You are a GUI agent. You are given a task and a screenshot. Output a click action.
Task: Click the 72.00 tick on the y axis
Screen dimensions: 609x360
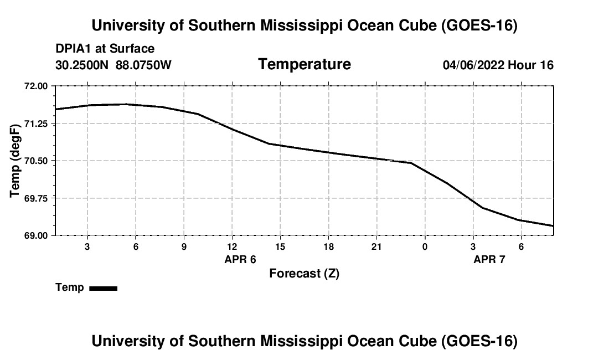36,86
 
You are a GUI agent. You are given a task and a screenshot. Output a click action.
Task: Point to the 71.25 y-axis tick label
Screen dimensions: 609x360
36,124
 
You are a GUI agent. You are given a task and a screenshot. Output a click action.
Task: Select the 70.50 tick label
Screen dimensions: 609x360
36,161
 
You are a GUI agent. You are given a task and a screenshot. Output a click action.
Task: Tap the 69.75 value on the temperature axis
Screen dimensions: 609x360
36,198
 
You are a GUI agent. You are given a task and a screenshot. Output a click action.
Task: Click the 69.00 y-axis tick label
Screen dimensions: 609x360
36,236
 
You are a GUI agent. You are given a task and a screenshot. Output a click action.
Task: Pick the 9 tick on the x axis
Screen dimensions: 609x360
184,247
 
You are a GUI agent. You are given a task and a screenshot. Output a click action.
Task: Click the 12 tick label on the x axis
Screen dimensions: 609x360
233,247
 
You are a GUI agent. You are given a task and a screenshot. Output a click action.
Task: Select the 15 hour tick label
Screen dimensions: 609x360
281,247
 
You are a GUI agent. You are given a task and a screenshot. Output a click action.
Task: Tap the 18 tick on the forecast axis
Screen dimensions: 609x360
328,247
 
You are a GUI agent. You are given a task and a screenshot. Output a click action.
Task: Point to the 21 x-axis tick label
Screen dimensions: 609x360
376,247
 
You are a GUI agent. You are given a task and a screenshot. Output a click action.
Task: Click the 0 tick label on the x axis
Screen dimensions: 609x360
425,247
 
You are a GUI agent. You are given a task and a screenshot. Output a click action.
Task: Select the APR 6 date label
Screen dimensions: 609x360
240,259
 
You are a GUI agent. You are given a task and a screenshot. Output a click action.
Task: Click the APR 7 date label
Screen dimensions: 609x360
489,259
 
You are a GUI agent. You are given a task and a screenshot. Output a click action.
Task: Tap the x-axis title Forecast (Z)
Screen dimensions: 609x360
304,274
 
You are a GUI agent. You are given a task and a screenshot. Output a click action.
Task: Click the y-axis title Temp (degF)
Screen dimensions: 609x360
15,161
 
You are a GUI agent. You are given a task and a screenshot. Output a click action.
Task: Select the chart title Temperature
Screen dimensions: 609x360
304,64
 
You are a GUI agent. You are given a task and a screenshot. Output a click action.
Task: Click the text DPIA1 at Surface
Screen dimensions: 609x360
105,49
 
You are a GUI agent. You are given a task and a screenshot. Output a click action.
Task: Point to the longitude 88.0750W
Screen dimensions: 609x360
143,65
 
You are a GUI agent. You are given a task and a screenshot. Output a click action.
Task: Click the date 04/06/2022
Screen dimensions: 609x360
473,65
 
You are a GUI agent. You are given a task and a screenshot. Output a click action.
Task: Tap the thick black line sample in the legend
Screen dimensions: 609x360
104,289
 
